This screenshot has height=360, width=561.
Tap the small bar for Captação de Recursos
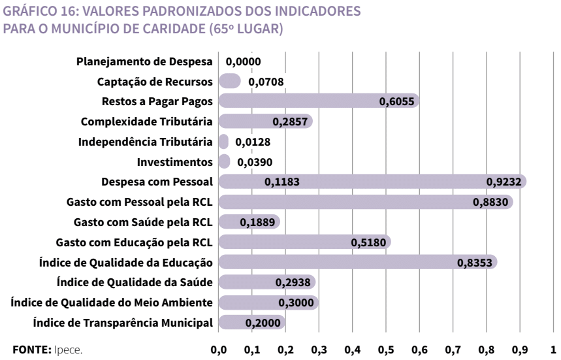tap(229, 80)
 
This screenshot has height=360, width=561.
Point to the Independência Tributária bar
tap(223, 141)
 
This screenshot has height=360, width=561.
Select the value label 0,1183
tap(282, 182)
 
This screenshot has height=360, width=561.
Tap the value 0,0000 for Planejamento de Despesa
tap(244, 61)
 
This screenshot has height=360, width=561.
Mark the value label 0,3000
tap(298, 303)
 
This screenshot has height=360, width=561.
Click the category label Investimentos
tap(176, 161)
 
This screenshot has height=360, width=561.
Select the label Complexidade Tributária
tap(147, 122)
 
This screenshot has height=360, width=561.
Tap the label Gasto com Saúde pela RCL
tap(144, 222)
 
